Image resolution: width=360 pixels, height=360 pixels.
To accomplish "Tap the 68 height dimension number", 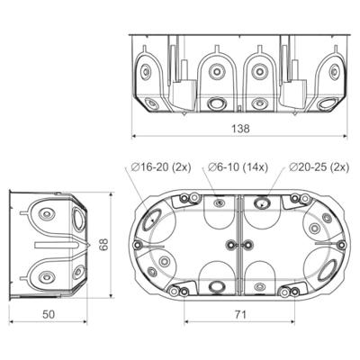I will (103, 245).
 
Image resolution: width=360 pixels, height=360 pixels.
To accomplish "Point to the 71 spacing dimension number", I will (240, 314).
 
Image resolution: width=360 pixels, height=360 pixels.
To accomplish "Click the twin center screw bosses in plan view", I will (239, 245).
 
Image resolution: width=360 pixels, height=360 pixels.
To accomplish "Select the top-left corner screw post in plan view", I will (184, 199).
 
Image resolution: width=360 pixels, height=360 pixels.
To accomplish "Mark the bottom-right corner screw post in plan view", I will (294, 290).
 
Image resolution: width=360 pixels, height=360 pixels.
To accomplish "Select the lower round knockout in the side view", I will (46, 274).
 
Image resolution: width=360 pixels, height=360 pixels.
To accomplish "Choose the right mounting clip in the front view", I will (294, 90).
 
